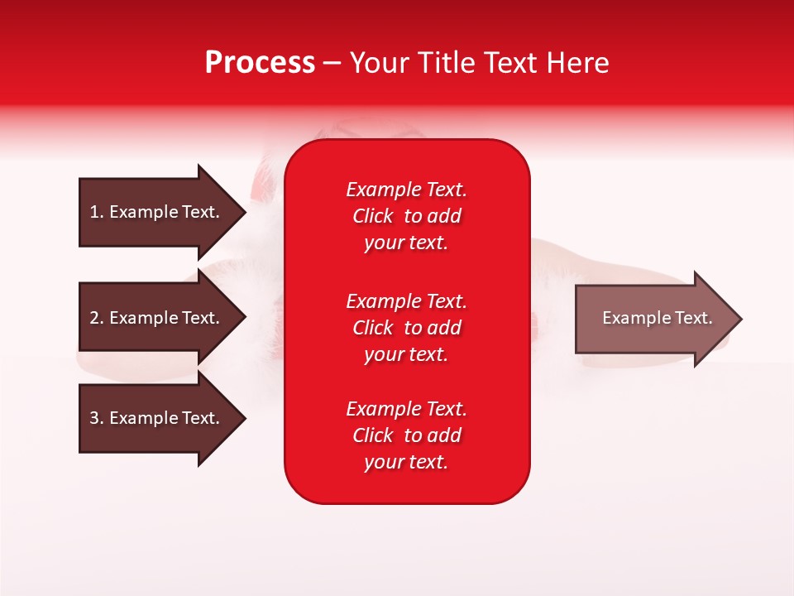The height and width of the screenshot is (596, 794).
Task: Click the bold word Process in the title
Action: pos(260,63)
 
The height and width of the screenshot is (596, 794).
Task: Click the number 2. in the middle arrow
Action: pos(96,318)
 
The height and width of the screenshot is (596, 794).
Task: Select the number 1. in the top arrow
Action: pos(96,212)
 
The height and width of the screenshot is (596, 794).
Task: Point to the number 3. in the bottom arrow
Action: pos(96,418)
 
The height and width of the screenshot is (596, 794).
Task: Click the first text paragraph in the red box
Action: pos(406,216)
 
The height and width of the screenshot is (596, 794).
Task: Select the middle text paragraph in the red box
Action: pos(406,328)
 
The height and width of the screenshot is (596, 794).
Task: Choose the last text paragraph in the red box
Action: pos(406,435)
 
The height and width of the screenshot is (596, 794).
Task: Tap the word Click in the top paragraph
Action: pos(372,216)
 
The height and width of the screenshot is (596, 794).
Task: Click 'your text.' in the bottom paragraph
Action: pos(406,462)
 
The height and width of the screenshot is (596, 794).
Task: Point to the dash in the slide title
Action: pos(332,63)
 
